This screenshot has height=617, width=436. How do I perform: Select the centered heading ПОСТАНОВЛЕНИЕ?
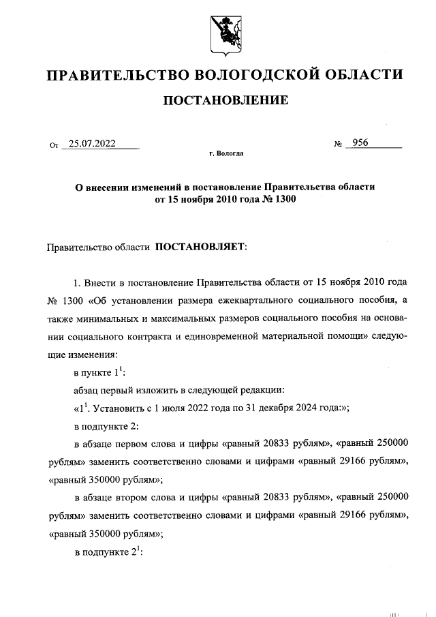[x=224, y=101]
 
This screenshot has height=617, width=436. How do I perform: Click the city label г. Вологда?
[x=226, y=154]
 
